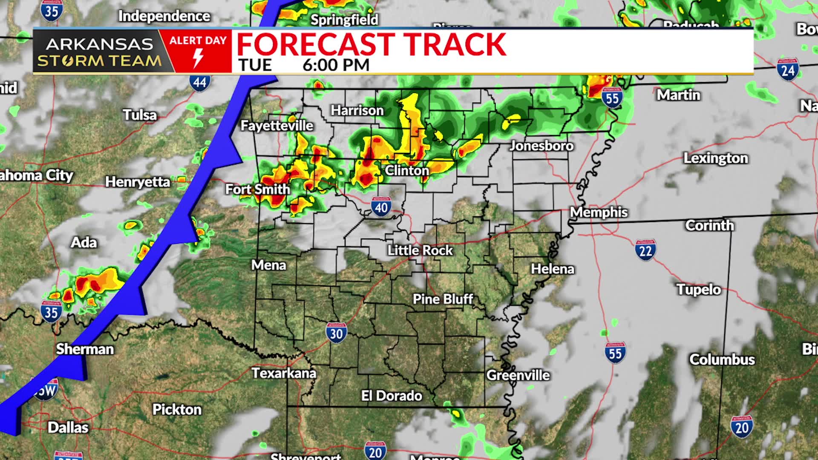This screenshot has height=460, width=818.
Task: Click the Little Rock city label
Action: pyautogui.click(x=420, y=250)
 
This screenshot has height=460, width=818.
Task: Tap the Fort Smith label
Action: pyautogui.click(x=257, y=189)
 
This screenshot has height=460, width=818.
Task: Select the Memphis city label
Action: pyautogui.click(x=599, y=212)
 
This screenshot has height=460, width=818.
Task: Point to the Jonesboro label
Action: pyautogui.click(x=541, y=146)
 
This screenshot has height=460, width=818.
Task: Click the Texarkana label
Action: pyautogui.click(x=284, y=373)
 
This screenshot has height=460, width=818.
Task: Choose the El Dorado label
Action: pyautogui.click(x=392, y=396)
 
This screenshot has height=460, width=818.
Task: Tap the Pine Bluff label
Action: pyautogui.click(x=443, y=299)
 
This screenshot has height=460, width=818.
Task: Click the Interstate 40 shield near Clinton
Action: pyautogui.click(x=381, y=207)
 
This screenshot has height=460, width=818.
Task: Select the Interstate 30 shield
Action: pyautogui.click(x=336, y=333)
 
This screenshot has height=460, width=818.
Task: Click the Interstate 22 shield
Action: pyautogui.click(x=645, y=250)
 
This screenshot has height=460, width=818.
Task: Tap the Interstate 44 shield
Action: pyautogui.click(x=200, y=82)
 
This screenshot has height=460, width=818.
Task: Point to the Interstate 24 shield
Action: pyautogui.click(x=787, y=69)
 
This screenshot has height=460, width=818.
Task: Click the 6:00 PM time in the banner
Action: pyautogui.click(x=336, y=65)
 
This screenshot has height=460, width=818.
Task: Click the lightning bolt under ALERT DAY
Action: pyautogui.click(x=198, y=58)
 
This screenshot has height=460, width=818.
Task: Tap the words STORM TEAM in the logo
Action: pyautogui.click(x=99, y=61)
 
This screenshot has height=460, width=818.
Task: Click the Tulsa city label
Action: pyautogui.click(x=140, y=115)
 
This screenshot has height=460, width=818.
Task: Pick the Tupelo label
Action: pyautogui.click(x=699, y=290)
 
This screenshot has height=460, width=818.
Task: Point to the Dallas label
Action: pyautogui.click(x=68, y=427)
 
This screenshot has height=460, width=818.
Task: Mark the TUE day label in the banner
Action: pyautogui.click(x=255, y=65)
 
